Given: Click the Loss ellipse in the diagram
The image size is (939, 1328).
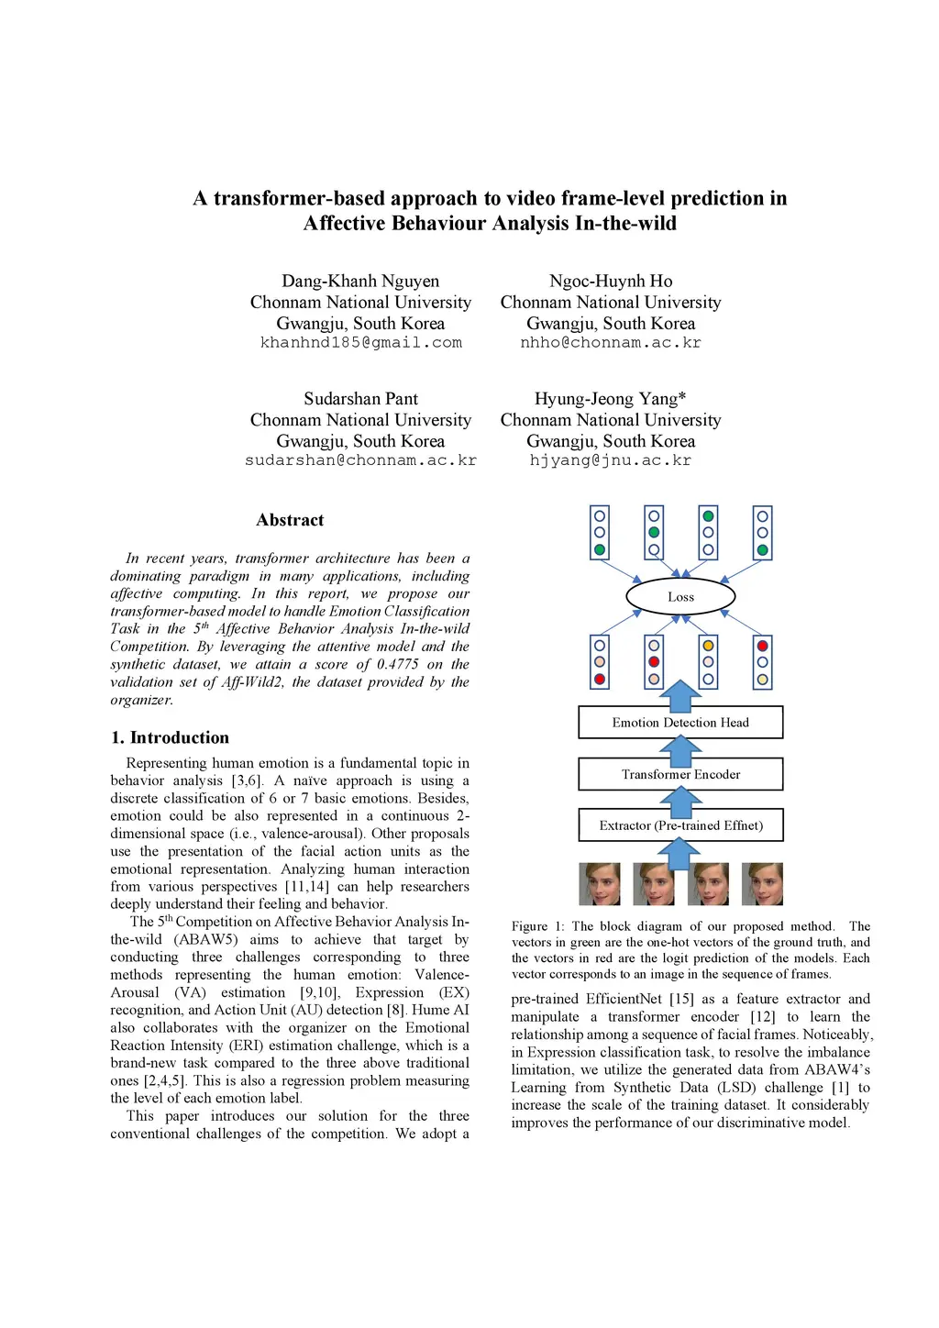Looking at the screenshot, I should tap(680, 596).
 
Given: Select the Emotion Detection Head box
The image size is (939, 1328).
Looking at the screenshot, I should tap(680, 723).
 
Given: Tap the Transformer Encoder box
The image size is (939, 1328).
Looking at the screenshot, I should tap(680, 774).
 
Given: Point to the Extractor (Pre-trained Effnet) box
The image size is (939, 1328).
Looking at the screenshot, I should tap(680, 825).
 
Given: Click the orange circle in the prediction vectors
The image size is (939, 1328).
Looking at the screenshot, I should tap(708, 646).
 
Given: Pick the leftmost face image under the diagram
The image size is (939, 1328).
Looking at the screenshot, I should tap(600, 884).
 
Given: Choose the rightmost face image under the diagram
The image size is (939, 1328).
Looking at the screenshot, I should tap(762, 884).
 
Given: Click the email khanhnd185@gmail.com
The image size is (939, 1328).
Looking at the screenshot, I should tap(360, 343).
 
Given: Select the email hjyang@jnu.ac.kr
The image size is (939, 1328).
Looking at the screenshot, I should tap(610, 460).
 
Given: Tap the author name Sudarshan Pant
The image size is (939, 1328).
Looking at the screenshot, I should tap(360, 399).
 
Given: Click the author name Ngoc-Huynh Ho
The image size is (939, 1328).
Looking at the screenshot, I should tap(610, 282).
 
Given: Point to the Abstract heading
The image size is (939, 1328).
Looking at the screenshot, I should tap(290, 520).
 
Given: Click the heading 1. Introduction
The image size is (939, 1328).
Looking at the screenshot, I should tap(171, 737).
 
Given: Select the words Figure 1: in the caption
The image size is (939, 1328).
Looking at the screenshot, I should tap(538, 926).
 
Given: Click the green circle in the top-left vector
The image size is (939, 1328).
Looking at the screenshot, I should tap(600, 550).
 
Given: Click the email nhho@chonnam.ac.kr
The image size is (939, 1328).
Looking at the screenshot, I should tap(610, 343).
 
